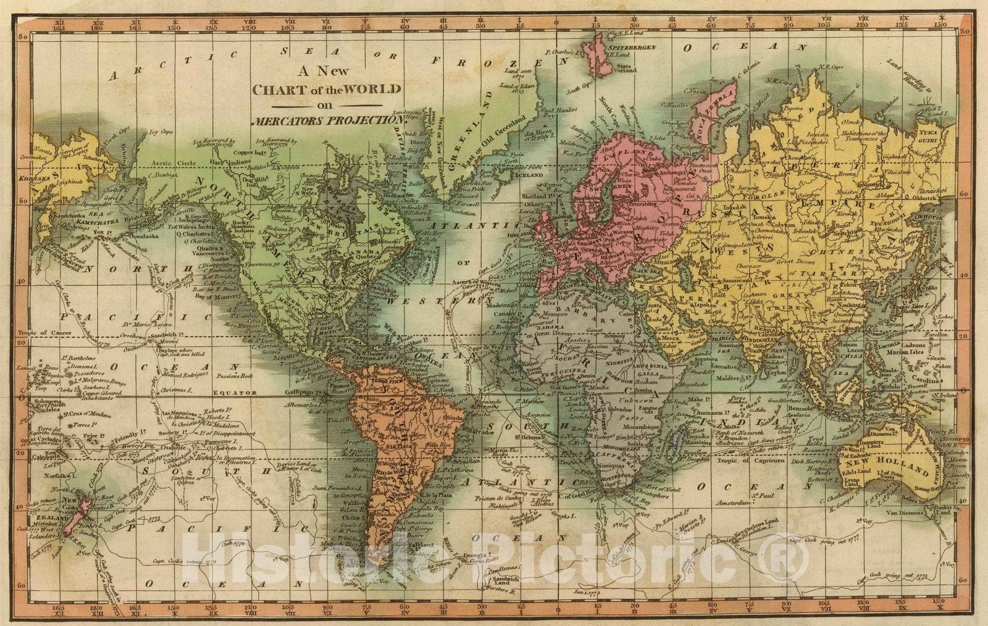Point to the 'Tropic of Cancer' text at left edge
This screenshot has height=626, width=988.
point(45,333)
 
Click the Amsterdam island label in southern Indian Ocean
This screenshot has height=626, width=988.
point(734,503)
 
